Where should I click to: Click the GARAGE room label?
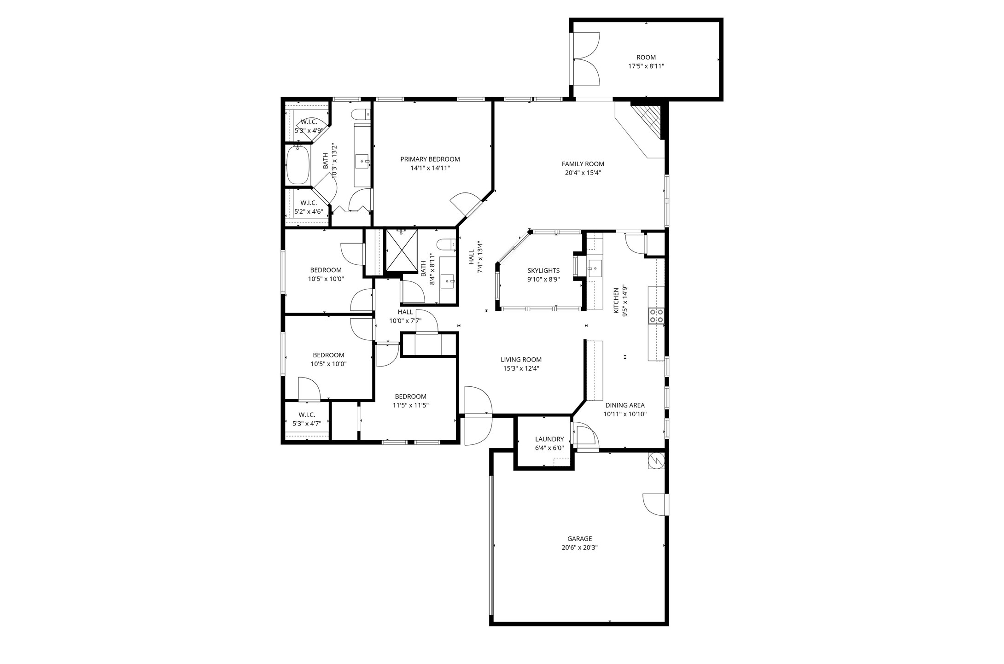579,538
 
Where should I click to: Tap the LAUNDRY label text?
549,439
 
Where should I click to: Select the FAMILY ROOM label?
583,164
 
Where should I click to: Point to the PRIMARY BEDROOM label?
430,159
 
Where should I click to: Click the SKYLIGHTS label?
543,270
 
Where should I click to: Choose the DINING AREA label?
625,405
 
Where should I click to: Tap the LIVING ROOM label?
521,360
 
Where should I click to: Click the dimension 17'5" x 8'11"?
646,66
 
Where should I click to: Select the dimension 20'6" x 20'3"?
579,548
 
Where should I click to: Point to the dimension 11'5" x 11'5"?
410,405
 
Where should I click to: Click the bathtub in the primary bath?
299,165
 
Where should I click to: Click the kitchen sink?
595,268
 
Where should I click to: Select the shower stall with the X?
402,250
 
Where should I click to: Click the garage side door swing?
654,505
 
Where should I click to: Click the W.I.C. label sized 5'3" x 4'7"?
307,419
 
